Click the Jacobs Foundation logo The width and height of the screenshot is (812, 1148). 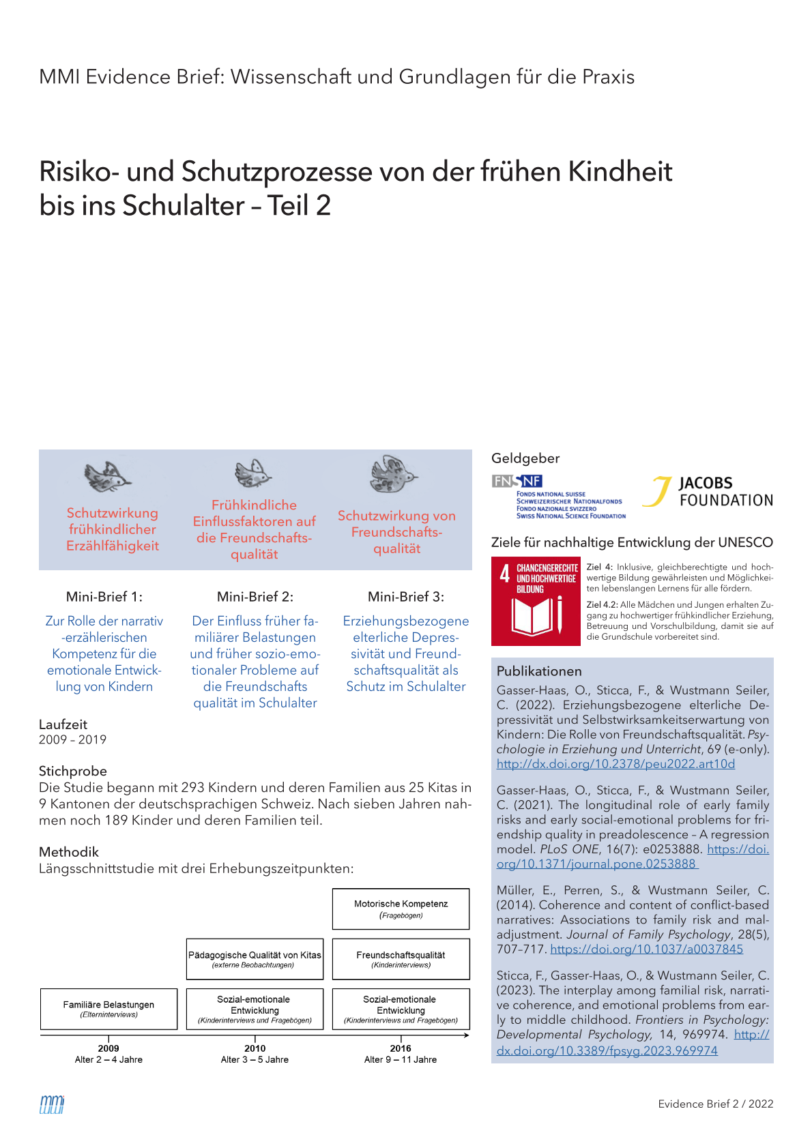click(707, 492)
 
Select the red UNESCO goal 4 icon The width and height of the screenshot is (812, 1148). click(535, 602)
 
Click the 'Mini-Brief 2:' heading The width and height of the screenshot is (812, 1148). click(255, 597)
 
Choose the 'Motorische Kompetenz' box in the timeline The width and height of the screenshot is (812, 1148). click(401, 909)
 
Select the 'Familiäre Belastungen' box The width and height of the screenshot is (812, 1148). click(108, 1009)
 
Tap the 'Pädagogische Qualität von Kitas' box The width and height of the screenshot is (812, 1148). click(255, 959)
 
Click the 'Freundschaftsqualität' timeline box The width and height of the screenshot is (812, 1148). click(401, 959)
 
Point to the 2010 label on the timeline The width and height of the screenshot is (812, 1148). click(255, 1048)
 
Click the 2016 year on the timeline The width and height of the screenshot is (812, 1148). click(401, 1048)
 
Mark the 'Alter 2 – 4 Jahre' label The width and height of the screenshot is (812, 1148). click(108, 1060)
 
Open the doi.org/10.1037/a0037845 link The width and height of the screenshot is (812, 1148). click(646, 950)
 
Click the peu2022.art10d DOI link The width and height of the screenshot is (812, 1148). click(615, 764)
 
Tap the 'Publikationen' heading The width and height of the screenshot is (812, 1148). click(539, 671)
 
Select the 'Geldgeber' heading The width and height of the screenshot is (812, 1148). click(525, 458)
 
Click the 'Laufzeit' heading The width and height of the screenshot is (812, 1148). click(63, 724)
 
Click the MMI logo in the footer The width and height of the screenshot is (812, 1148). click(52, 1104)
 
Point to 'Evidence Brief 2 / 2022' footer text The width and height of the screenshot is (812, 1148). click(716, 1104)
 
